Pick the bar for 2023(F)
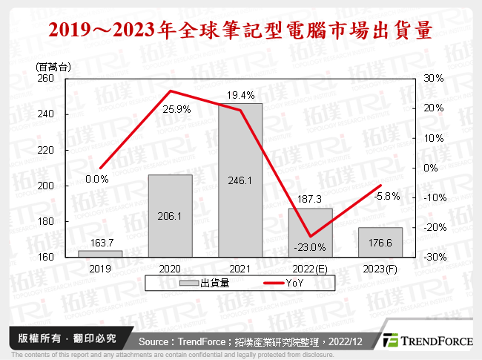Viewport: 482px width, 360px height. [x=380, y=242]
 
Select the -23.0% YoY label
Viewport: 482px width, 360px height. [x=310, y=247]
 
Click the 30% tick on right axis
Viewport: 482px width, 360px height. [x=434, y=79]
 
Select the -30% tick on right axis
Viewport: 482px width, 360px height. [x=432, y=257]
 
